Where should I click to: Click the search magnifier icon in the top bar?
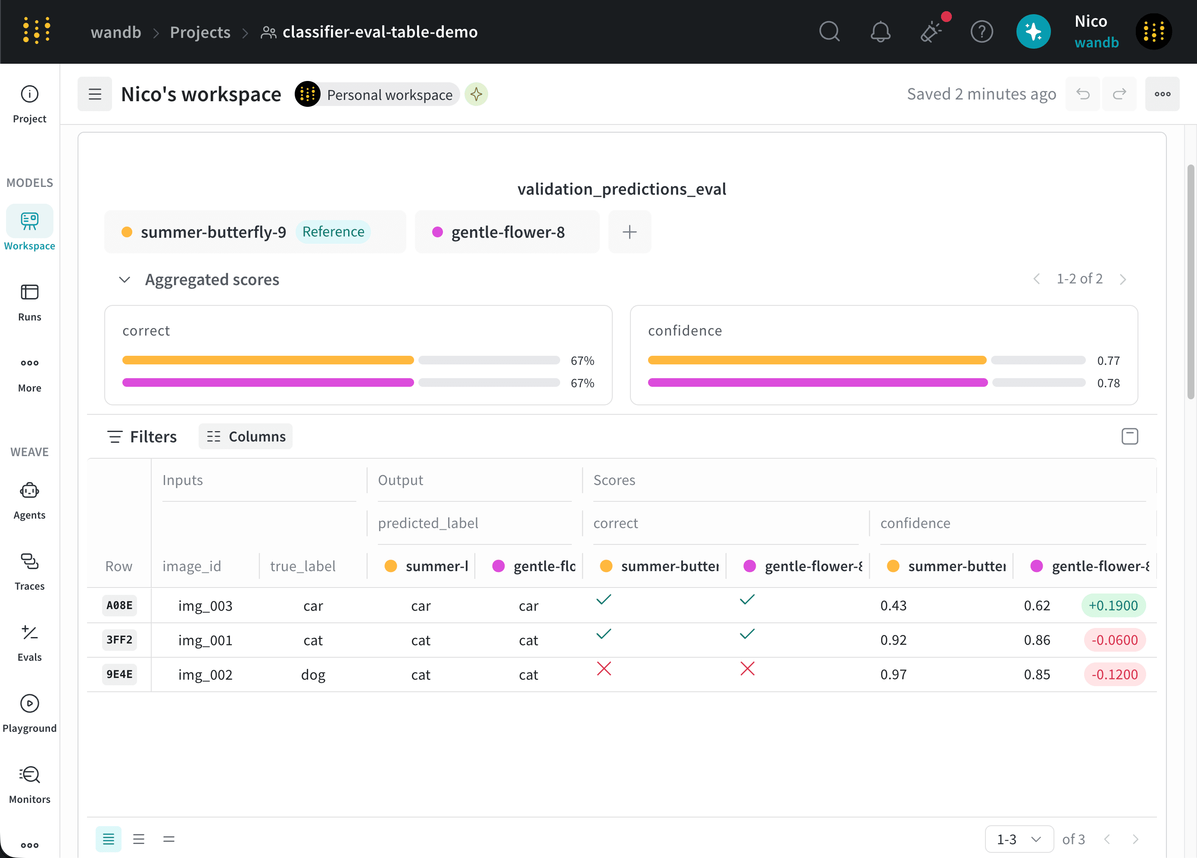[829, 32]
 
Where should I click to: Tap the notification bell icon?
[880, 32]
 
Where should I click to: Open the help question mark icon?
[982, 32]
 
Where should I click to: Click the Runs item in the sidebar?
[30, 302]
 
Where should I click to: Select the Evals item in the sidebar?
[30, 643]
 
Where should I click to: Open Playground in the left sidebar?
[30, 713]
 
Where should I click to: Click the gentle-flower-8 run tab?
[507, 232]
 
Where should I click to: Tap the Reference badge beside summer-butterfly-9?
[333, 232]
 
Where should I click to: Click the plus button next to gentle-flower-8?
[630, 232]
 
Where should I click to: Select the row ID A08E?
[119, 605]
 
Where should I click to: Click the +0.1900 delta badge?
[1113, 605]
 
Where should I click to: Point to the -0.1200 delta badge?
[1114, 675]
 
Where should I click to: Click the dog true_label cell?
[313, 675]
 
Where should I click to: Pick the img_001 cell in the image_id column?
[205, 640]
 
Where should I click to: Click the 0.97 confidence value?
[893, 675]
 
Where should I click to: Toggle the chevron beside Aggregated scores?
[125, 279]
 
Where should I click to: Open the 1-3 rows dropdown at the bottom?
[1019, 839]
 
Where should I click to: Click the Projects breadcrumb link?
[200, 32]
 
